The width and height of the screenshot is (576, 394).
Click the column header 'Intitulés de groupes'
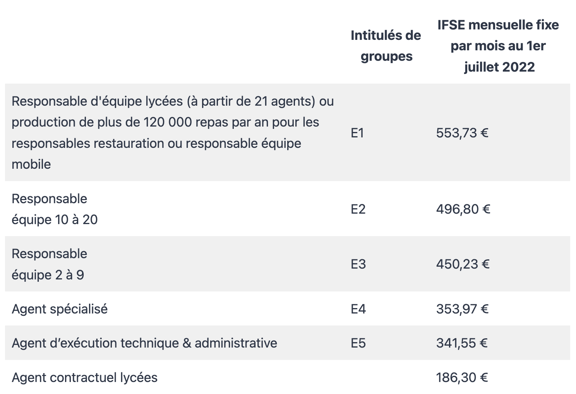(x=386, y=46)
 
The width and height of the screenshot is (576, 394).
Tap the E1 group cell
(x=357, y=133)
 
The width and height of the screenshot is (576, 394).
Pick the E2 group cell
(x=358, y=209)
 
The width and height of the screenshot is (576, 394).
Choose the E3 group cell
(x=358, y=264)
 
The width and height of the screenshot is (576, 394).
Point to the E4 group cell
(x=358, y=309)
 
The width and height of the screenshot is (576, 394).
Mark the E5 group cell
(x=358, y=343)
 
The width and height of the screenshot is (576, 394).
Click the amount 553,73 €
(x=462, y=133)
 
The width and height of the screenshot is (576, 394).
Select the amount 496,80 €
(x=463, y=209)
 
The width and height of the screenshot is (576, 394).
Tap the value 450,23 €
(x=463, y=264)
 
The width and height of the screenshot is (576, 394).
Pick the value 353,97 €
(x=462, y=309)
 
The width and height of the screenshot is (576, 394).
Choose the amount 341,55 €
(x=462, y=343)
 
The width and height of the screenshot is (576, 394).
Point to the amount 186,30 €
(x=462, y=377)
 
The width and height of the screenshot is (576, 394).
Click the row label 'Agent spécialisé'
(x=60, y=309)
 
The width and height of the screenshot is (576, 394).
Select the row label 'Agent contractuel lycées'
(x=84, y=377)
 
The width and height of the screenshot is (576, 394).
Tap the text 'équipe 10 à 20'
(x=55, y=220)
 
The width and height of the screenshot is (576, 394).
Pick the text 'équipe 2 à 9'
(x=48, y=275)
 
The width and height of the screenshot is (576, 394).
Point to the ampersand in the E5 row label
(x=187, y=343)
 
